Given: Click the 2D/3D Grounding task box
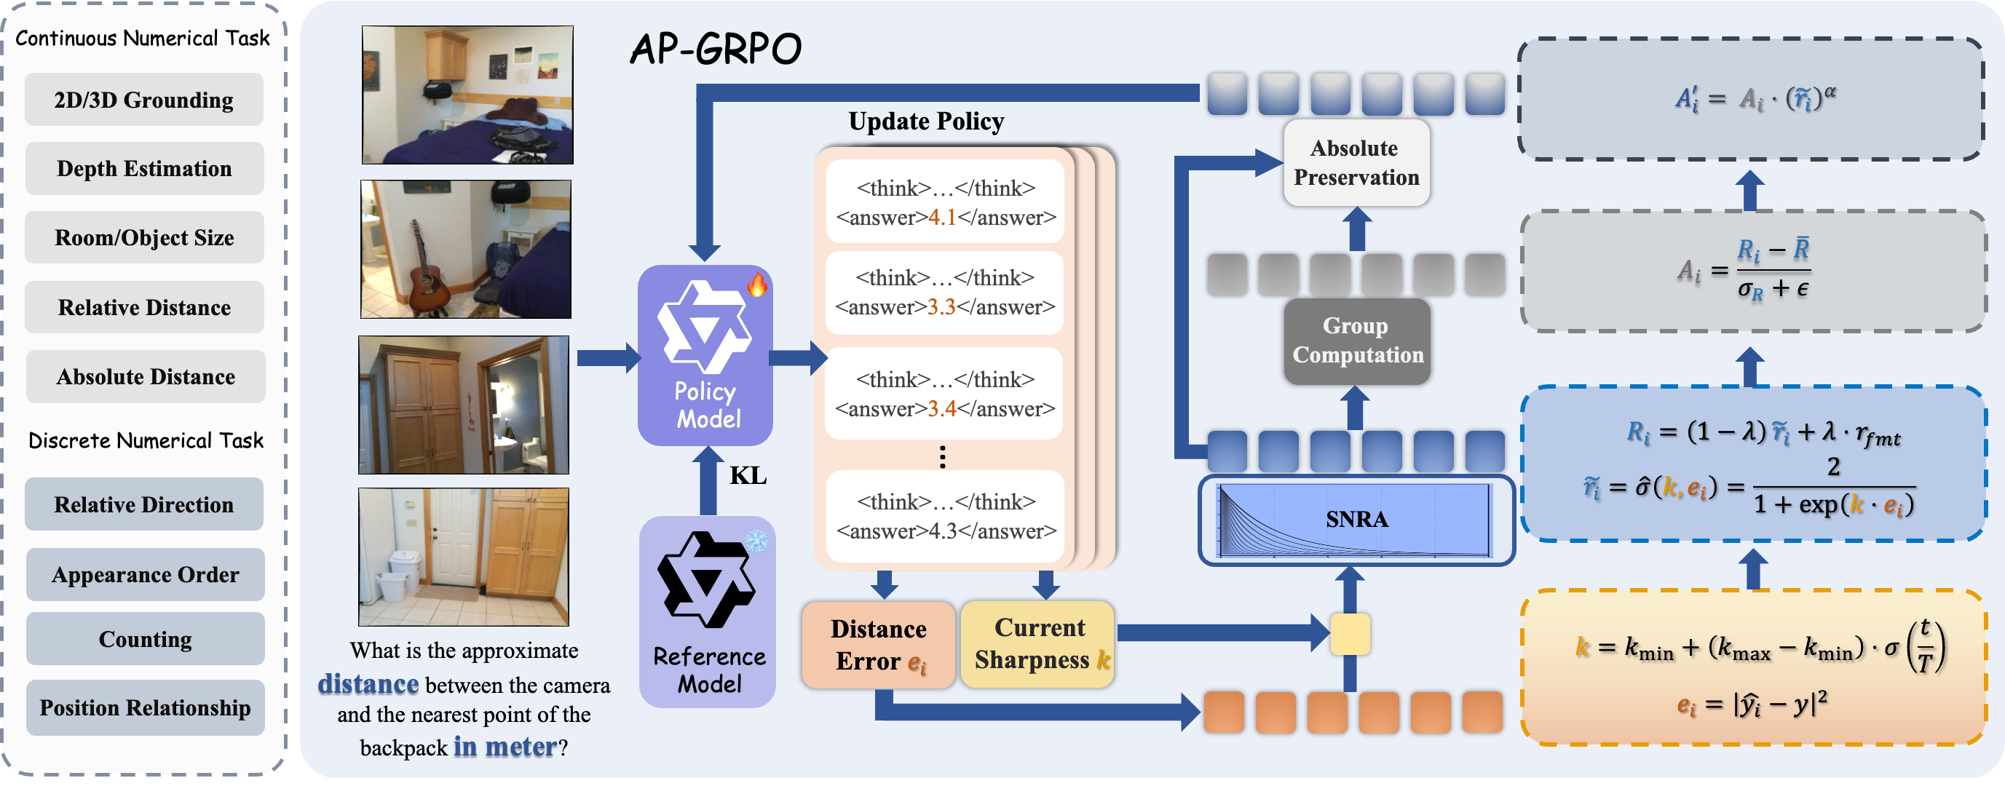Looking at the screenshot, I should click(x=144, y=100).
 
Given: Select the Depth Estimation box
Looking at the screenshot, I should click(x=144, y=168).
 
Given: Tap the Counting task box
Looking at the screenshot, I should click(x=145, y=639).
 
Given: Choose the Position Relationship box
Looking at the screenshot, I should click(x=145, y=707).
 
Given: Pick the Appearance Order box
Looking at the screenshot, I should click(x=145, y=574).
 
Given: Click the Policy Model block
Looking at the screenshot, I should click(x=705, y=356).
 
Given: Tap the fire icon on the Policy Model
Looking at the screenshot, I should click(x=756, y=285).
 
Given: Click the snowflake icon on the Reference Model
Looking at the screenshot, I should click(x=756, y=541).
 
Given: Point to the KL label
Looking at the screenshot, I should click(x=747, y=475).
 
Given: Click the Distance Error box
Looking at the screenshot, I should click(x=878, y=644).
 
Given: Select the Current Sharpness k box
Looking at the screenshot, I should click(x=1038, y=643).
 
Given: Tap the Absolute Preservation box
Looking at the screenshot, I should click(x=1356, y=162).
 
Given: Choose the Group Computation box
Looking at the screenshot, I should click(x=1356, y=341).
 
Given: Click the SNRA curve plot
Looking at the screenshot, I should click(x=1355, y=520).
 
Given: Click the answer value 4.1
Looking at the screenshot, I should click(x=942, y=218).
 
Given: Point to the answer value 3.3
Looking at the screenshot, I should click(x=941, y=307).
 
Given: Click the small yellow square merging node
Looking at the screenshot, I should click(x=1350, y=634).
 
